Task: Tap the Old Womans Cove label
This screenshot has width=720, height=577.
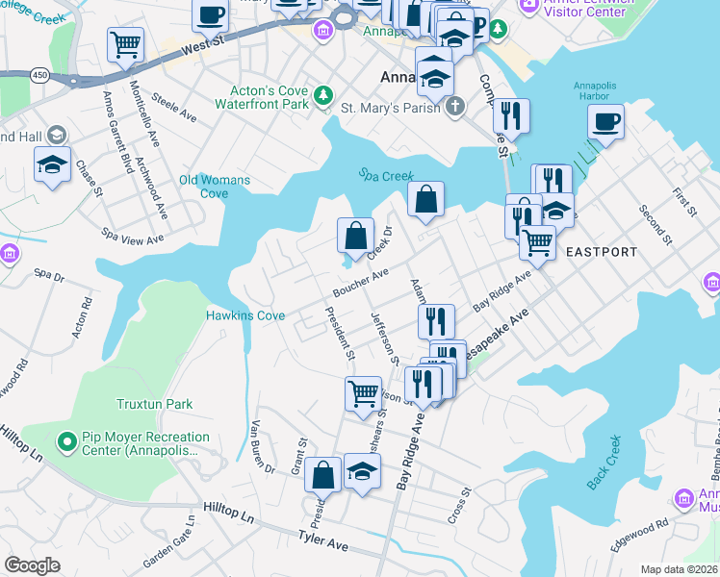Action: click(x=215, y=187)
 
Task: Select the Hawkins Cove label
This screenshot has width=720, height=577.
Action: click(x=245, y=315)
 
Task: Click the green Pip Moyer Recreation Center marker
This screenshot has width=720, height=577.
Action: click(x=66, y=443)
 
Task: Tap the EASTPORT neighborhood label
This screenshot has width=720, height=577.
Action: click(x=601, y=252)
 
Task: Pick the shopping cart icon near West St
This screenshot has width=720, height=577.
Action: click(x=126, y=43)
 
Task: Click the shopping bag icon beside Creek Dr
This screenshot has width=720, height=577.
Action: click(x=356, y=235)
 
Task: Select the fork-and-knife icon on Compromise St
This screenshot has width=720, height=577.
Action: click(x=511, y=115)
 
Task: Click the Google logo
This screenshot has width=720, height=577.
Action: click(x=33, y=565)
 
